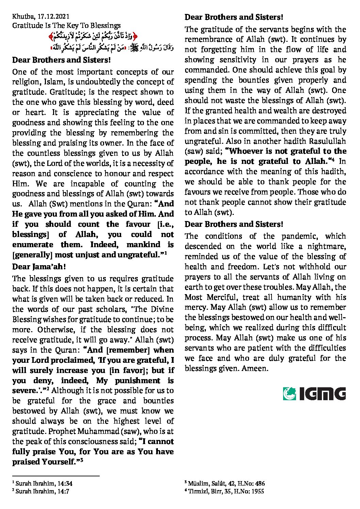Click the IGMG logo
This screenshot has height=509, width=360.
(x=314, y=393)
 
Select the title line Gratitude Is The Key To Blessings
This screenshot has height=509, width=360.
(x=66, y=26)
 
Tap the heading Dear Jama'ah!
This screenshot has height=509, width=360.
(x=39, y=267)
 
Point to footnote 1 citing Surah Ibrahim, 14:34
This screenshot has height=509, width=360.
(x=43, y=483)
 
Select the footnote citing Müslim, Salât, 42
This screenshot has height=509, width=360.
(x=225, y=483)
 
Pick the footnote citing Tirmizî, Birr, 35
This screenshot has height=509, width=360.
(x=224, y=491)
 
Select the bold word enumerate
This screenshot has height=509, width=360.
(x=33, y=244)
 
